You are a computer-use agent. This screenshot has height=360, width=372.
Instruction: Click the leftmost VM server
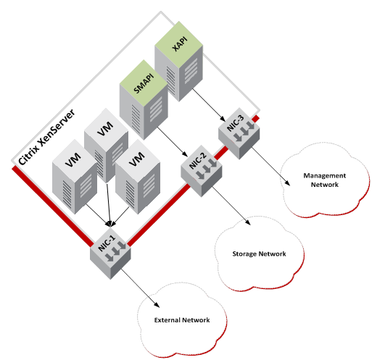click(73, 181)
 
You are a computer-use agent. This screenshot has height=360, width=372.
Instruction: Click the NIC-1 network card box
click(109, 250)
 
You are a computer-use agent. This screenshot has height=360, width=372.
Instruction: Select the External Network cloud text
click(182, 320)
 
